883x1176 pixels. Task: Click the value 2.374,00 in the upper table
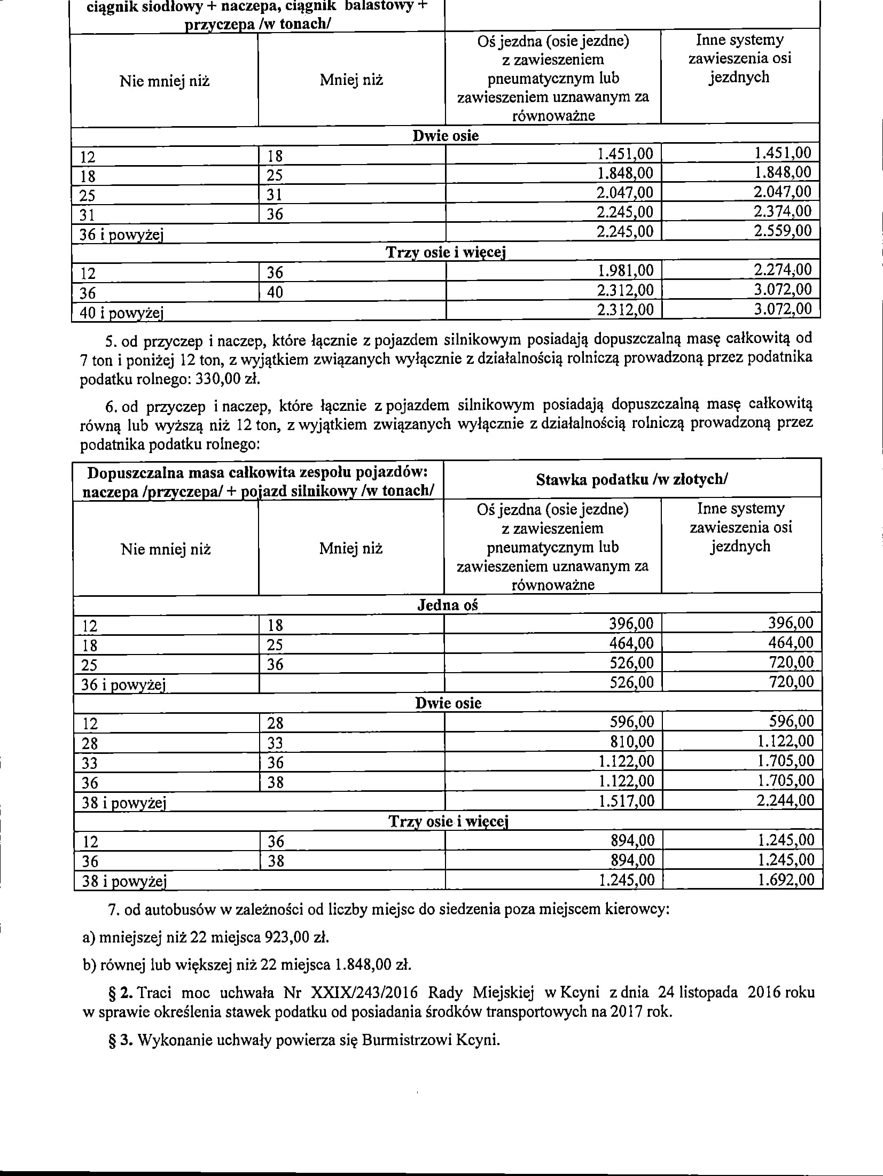(x=783, y=212)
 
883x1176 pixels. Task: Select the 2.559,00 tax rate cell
(x=783, y=231)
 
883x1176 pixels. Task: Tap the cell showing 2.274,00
(x=783, y=270)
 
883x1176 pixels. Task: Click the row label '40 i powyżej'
(x=121, y=313)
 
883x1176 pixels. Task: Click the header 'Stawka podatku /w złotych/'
(x=631, y=480)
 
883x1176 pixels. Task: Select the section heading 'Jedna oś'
(x=447, y=605)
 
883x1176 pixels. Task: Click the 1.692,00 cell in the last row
(x=786, y=879)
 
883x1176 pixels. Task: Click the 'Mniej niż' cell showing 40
(x=275, y=292)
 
